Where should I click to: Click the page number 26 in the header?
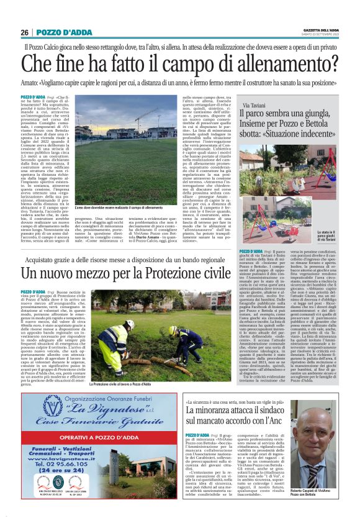[x=25, y=32]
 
